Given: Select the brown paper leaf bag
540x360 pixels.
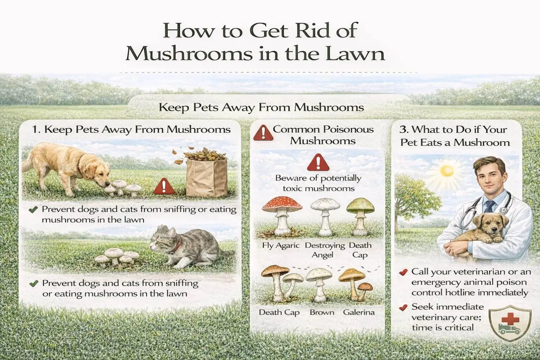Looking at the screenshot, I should tap(206, 177).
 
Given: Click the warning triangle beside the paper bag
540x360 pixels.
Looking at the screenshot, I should tap(164, 187).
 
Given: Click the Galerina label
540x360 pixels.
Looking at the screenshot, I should tap(359, 312).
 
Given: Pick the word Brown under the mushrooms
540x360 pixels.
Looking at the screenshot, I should tap(322, 312).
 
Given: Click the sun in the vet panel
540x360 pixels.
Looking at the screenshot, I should tap(447, 171).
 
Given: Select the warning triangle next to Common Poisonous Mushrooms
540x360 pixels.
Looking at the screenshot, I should tap(262, 133).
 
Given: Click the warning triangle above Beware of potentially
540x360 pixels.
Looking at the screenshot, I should tap(318, 162).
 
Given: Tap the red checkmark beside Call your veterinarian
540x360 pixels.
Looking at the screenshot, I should tap(404, 272).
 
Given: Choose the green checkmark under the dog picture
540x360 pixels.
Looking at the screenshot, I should tap(33, 210).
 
